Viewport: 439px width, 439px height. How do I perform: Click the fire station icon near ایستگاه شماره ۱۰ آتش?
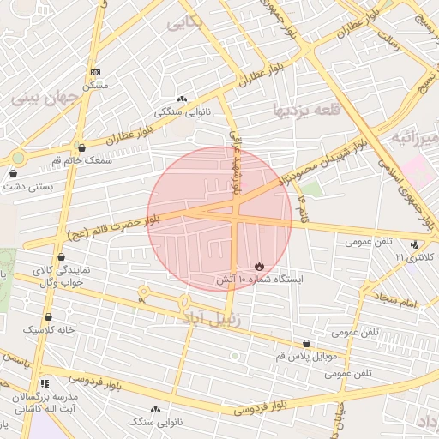click(260, 266)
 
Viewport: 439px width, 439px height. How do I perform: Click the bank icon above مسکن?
click(95, 73)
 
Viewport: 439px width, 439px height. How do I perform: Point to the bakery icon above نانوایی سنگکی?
click(181, 99)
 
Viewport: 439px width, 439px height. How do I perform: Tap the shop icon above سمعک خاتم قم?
click(81, 147)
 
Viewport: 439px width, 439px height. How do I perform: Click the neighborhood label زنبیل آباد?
click(215, 318)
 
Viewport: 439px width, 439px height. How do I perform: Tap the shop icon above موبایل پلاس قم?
click(307, 343)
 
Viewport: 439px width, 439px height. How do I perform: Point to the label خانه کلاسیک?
click(49, 329)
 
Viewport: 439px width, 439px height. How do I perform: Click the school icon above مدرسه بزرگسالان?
click(44, 382)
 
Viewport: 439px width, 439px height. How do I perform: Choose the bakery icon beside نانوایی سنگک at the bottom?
click(156, 410)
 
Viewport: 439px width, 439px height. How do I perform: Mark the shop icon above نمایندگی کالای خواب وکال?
click(61, 256)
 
